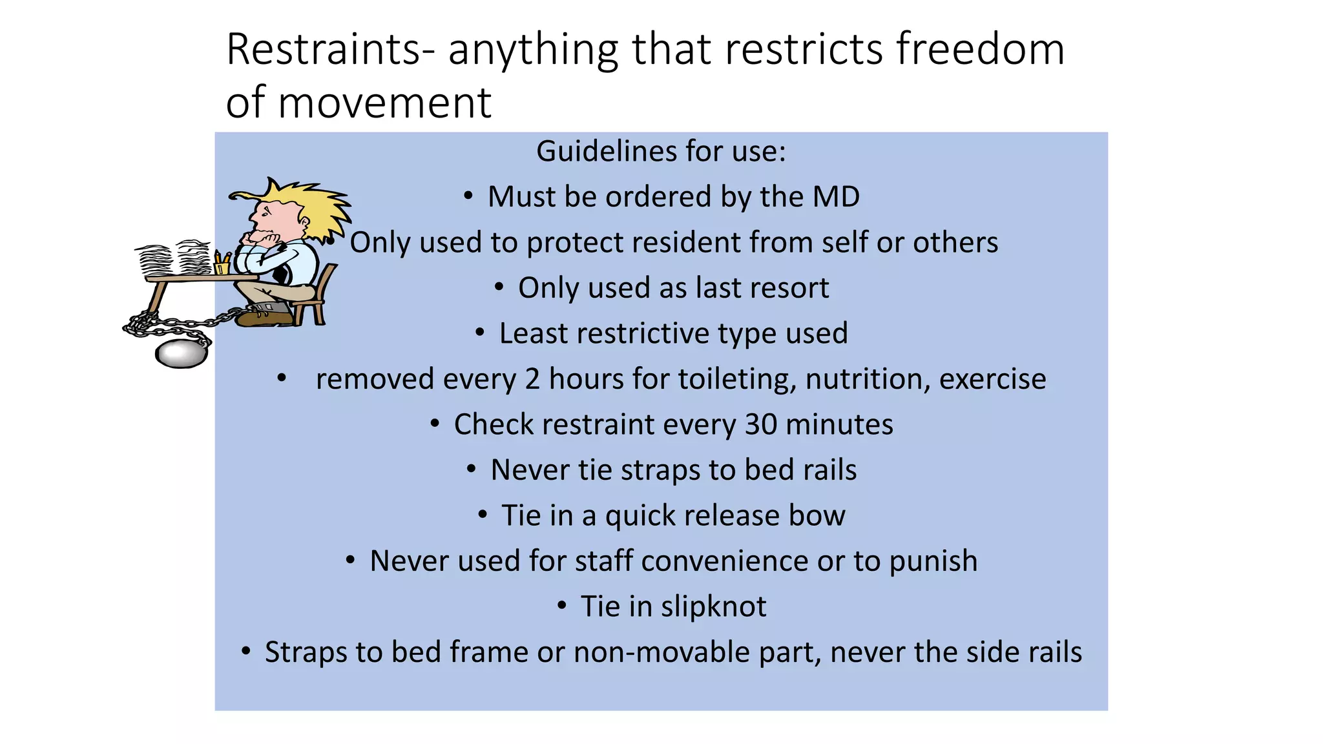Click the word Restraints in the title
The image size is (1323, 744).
coord(323,50)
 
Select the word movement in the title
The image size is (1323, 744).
coord(384,103)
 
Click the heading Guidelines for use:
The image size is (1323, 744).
coord(661,152)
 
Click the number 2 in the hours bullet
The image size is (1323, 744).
coord(532,379)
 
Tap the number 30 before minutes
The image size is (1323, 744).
coord(760,425)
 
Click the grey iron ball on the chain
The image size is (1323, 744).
coord(181,354)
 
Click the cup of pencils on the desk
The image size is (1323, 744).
coord(222,265)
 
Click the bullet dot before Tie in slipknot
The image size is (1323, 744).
coord(562,606)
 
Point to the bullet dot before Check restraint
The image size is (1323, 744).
coord(435,424)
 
